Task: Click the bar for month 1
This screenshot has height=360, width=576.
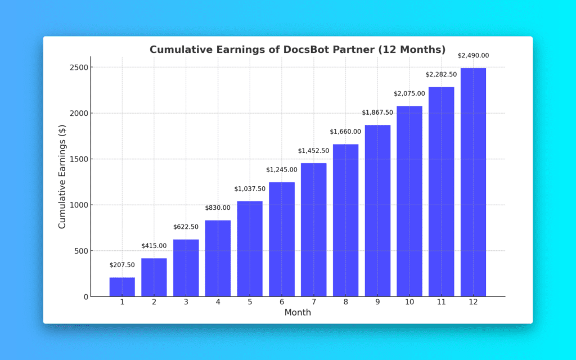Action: (122, 287)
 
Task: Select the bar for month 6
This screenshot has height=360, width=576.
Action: (282, 239)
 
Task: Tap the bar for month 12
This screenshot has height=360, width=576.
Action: (473, 182)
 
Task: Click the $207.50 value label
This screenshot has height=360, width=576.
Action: (122, 264)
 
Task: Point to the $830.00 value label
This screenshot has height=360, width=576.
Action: (218, 208)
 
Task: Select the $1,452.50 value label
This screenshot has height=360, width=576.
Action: (313, 150)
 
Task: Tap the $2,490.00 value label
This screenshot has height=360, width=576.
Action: (473, 56)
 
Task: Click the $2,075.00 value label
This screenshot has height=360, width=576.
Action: (409, 93)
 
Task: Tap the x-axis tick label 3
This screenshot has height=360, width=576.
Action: (186, 302)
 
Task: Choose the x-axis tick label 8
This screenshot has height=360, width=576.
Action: (345, 302)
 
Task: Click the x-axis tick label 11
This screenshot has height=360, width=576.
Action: (441, 302)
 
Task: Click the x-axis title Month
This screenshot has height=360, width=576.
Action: (298, 312)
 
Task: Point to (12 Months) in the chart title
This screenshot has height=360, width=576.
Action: (412, 49)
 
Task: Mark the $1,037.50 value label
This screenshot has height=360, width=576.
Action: (250, 188)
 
